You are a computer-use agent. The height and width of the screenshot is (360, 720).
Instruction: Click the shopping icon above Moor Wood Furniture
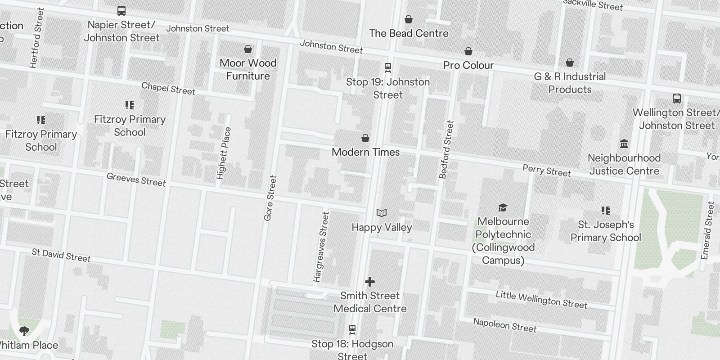point(247,49)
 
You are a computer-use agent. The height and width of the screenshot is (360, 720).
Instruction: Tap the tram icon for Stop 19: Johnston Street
point(388,67)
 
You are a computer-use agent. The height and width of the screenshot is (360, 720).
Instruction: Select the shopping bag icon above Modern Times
point(365,138)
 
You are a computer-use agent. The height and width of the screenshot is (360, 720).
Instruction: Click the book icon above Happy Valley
point(382,213)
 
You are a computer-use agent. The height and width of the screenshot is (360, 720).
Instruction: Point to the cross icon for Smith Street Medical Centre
point(370,282)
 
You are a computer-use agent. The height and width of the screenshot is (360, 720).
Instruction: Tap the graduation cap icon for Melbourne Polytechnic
point(503,207)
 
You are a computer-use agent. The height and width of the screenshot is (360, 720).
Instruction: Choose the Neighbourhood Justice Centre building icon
point(624,144)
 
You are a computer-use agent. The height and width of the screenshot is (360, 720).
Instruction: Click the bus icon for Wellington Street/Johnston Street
point(676,98)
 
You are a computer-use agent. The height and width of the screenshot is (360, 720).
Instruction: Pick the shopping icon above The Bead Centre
point(409,19)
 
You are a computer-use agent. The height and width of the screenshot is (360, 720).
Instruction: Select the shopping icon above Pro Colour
point(468,51)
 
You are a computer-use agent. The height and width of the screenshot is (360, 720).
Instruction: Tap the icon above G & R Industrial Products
point(570,63)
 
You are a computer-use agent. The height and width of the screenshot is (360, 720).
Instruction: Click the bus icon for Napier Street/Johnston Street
point(121,11)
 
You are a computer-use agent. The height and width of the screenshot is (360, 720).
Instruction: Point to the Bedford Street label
point(446,149)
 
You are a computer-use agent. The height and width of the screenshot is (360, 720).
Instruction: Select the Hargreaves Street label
point(321,247)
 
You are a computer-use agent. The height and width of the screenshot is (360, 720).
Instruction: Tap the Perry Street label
point(546,171)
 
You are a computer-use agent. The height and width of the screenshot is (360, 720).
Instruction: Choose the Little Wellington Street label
point(541,300)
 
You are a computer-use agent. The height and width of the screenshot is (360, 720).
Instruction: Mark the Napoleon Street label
point(504,325)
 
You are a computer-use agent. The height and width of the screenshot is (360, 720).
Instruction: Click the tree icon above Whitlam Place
point(24,332)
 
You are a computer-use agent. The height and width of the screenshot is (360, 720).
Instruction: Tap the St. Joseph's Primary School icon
point(606,211)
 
